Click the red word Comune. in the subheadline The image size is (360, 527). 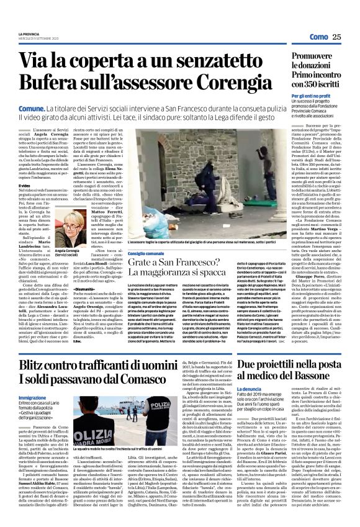(31, 107)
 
